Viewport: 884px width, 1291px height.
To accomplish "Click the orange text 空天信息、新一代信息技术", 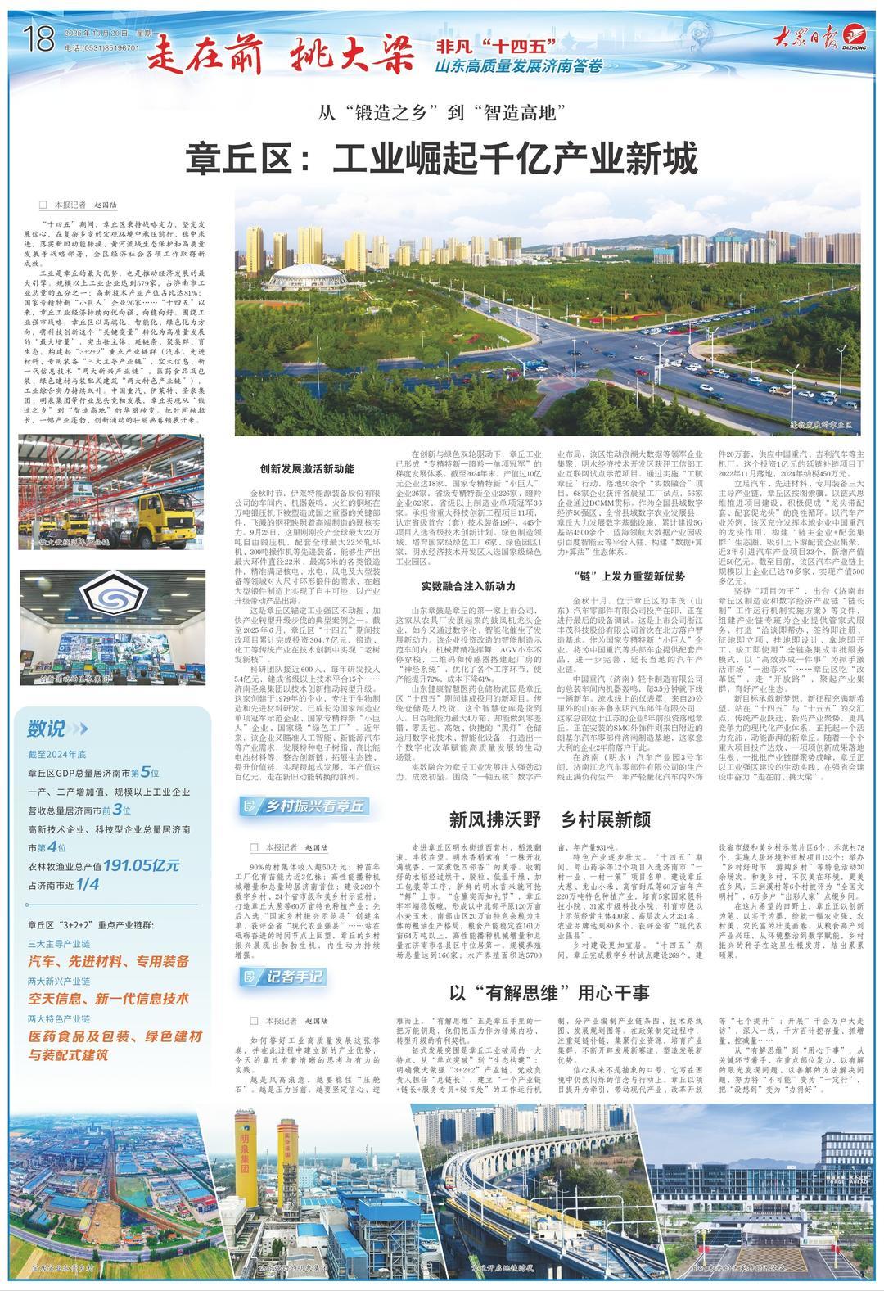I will [108, 998].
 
